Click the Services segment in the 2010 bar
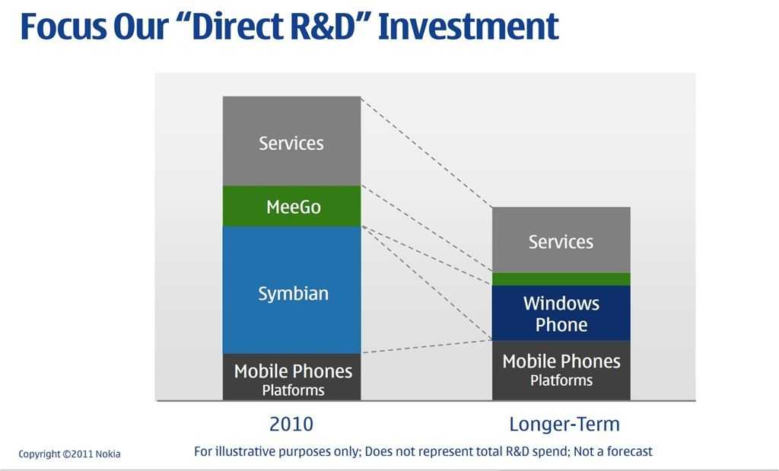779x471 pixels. pos(291,141)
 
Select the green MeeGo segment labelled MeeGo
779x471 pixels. pos(291,206)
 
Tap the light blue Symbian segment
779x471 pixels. pos(291,290)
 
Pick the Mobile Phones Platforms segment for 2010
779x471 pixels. pos(291,377)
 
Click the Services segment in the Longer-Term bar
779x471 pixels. pos(561,240)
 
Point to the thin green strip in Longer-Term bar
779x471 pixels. pos(561,278)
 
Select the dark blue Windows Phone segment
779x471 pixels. pos(561,313)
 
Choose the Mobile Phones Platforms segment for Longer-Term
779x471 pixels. pos(561,371)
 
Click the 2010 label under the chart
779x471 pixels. pos(291,425)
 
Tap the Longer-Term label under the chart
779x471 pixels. pos(564,425)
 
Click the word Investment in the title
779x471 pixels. pos(468,27)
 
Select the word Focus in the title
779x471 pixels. pos(63,27)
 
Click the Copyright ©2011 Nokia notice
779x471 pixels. pos(69,454)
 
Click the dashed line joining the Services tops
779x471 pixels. pos(427,152)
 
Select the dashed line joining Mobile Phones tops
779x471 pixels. pos(427,347)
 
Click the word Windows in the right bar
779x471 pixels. pos(561,304)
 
